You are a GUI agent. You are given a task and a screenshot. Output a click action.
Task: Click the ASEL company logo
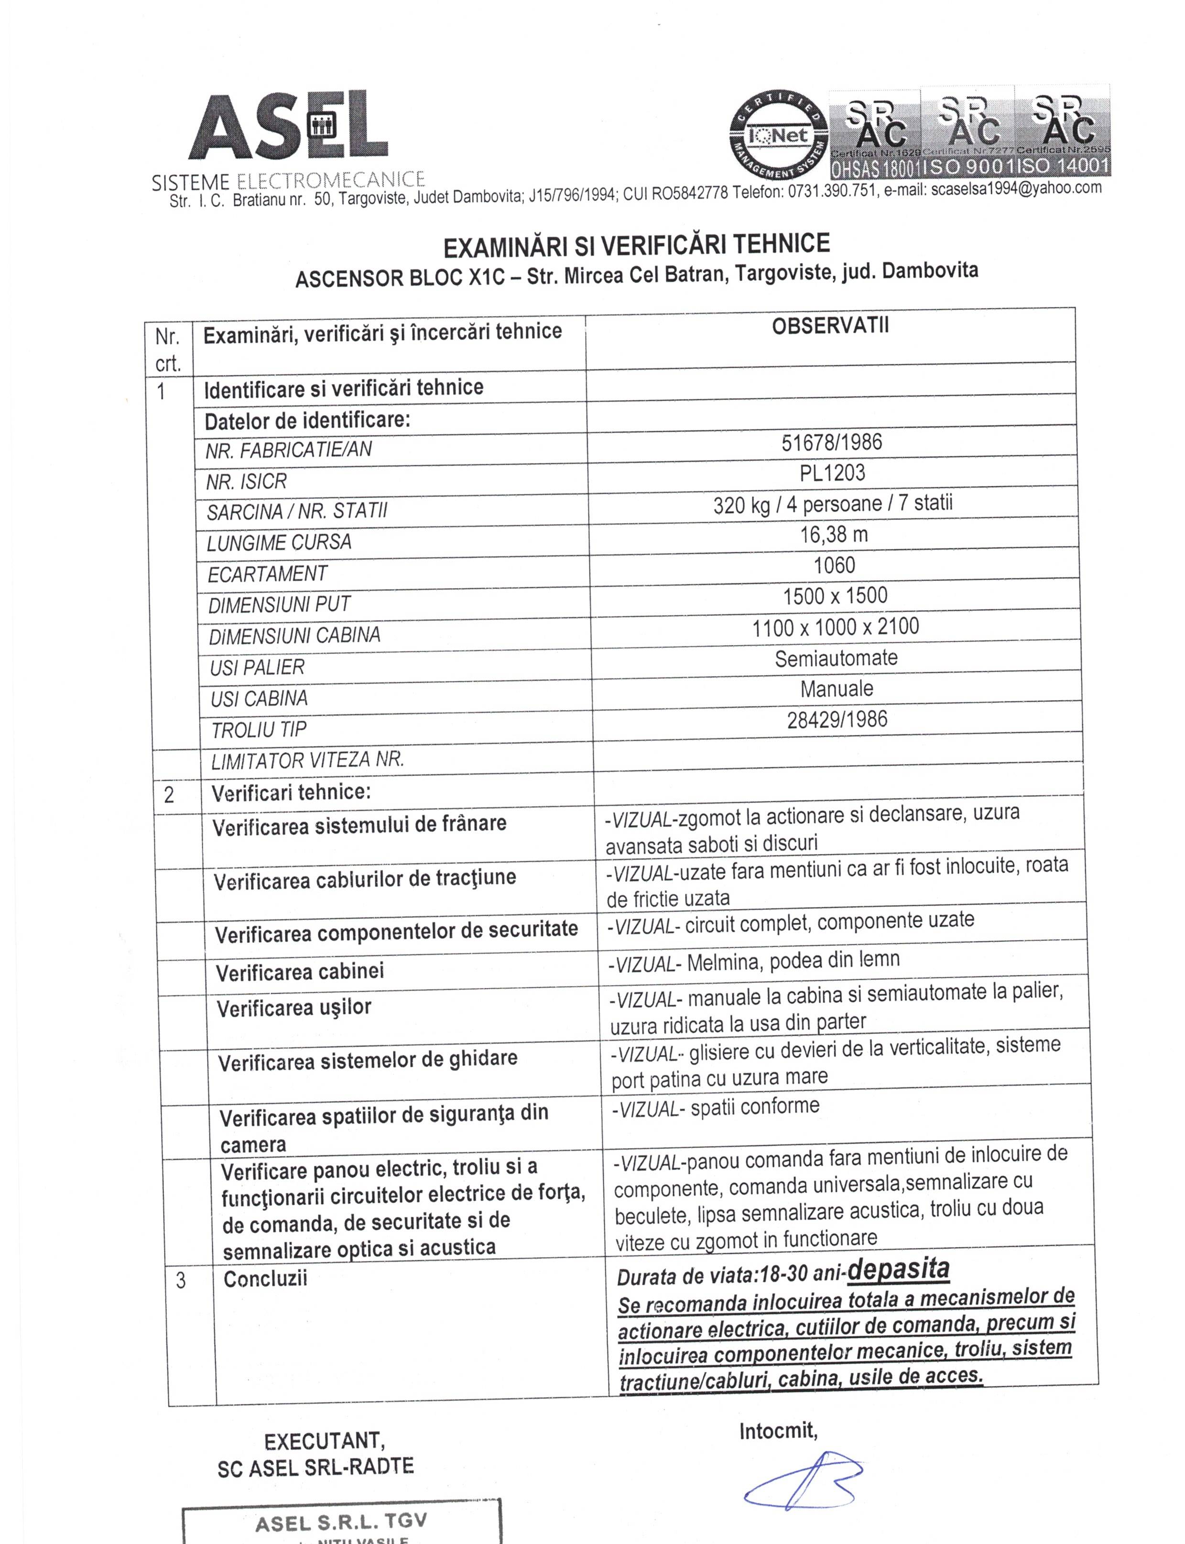pyautogui.click(x=288, y=127)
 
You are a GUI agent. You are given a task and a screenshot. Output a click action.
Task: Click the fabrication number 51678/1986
pyautogui.click(x=832, y=442)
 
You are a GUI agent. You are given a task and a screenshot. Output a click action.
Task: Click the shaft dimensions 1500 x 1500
pyautogui.click(x=835, y=596)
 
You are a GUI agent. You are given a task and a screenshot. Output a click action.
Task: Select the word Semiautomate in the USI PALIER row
pyautogui.click(x=836, y=658)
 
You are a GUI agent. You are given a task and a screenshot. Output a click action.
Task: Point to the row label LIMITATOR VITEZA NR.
pyautogui.click(x=307, y=760)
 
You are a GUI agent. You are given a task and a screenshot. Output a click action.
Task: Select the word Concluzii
pyautogui.click(x=265, y=1279)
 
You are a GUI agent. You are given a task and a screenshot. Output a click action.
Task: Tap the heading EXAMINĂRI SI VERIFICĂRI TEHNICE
pyautogui.click(x=636, y=245)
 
